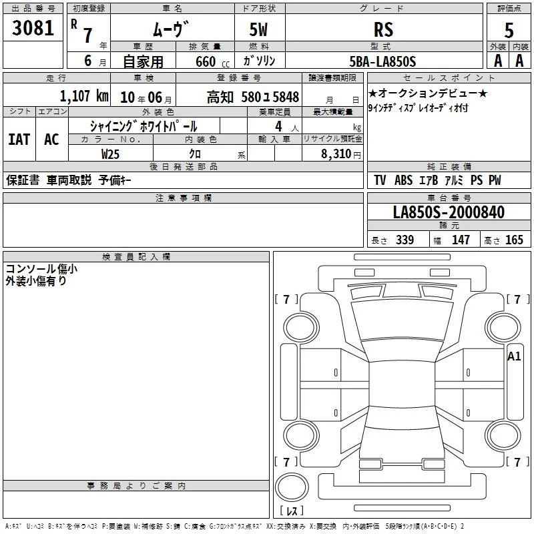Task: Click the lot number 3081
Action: [x=33, y=28]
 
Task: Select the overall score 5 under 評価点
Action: [x=509, y=31]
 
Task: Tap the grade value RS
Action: [x=383, y=29]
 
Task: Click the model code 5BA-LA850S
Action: [x=382, y=61]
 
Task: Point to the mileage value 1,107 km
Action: [x=84, y=96]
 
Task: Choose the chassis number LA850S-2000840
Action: [x=449, y=212]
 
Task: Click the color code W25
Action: [x=110, y=154]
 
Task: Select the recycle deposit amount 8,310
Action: [x=336, y=154]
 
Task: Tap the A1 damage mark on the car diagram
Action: [x=514, y=356]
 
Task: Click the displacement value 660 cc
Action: [x=212, y=62]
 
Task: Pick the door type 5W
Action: [x=258, y=29]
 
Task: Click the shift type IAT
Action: [x=19, y=140]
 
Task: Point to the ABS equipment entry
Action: [x=403, y=180]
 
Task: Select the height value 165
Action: [x=514, y=240]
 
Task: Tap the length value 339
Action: [x=405, y=240]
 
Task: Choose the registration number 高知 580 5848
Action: [x=253, y=97]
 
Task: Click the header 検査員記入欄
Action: [x=136, y=257]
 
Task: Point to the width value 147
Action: [x=461, y=240]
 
